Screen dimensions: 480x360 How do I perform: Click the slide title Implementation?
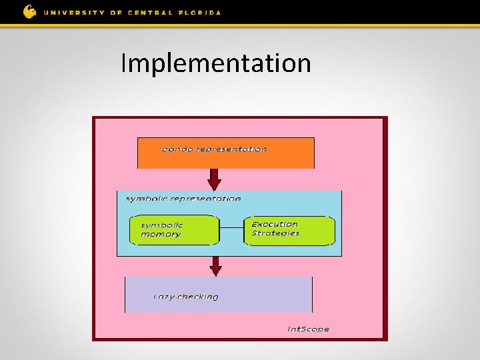(215, 64)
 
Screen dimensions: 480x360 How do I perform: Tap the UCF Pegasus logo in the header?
(30, 11)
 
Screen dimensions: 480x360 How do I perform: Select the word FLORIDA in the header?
(199, 13)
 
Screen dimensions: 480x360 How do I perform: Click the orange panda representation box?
(225, 153)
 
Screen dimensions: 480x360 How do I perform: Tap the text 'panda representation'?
(214, 149)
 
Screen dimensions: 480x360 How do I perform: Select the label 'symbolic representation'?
(183, 199)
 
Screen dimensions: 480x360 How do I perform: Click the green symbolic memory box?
(174, 230)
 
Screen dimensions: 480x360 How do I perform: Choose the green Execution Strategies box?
(290, 229)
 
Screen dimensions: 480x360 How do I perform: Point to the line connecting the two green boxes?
(232, 229)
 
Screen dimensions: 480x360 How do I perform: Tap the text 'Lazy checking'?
(185, 297)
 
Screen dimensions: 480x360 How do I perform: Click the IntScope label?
(308, 329)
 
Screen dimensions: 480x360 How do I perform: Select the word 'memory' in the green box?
(160, 235)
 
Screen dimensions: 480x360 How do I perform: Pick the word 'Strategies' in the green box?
(275, 233)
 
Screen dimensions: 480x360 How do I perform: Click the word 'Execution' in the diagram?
(275, 224)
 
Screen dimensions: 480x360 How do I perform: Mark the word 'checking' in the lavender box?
(198, 297)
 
